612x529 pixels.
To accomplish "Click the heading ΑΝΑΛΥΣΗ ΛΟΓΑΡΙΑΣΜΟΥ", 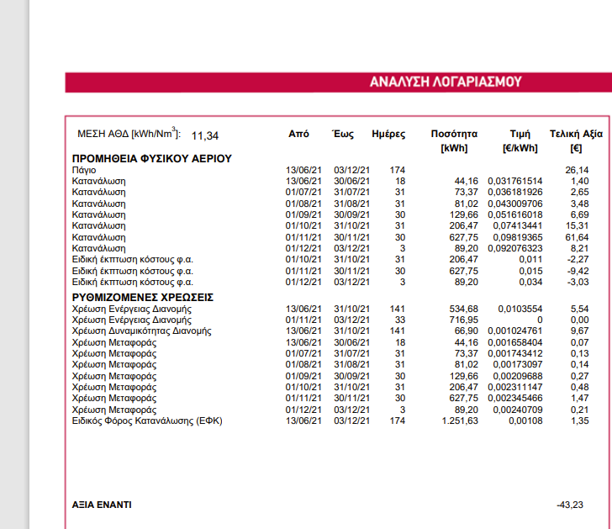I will (x=446, y=82).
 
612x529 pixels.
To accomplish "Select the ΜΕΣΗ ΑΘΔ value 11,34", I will (x=205, y=135).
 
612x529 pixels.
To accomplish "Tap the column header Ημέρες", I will (x=388, y=134).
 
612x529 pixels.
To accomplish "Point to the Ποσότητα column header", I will (x=454, y=134).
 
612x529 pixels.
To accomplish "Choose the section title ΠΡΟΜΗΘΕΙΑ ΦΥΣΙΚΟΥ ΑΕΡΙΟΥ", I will (x=151, y=158).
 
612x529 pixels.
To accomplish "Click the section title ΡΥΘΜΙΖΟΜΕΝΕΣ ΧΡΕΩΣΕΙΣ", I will (x=142, y=297).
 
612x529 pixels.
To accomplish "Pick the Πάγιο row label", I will (x=83, y=170).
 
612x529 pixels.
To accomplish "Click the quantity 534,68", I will (x=462, y=309).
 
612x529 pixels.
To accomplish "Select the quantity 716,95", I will (x=462, y=320).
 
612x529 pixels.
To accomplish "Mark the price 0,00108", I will (x=523, y=420).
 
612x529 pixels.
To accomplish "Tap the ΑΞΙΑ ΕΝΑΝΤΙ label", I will (x=102, y=505).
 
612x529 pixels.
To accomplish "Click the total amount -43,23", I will (x=571, y=505).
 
